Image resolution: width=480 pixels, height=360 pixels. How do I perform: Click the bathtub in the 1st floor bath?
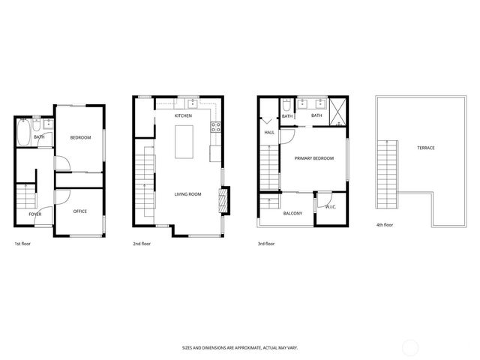[x=23, y=136]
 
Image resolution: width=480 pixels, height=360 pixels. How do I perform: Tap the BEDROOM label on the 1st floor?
[x=80, y=137]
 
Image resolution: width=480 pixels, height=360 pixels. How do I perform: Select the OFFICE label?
[x=79, y=211]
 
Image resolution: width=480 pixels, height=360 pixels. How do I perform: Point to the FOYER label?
[x=35, y=214]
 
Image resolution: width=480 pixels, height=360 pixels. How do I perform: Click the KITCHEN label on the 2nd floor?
[x=183, y=116]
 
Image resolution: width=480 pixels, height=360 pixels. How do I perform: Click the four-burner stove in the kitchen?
[x=216, y=126]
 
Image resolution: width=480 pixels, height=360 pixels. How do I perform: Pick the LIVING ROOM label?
[x=188, y=194]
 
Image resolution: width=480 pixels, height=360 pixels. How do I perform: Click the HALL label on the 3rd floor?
[x=268, y=133]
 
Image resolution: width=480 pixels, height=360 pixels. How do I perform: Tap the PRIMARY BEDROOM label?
[x=313, y=158]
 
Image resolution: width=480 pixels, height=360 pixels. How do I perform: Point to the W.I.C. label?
[x=331, y=206]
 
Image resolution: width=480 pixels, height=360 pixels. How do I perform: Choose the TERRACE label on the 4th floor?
[x=425, y=148]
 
